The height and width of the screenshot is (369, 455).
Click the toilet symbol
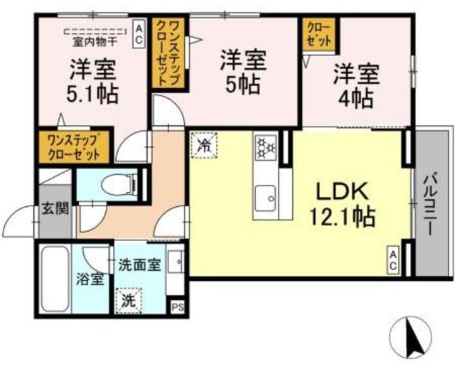(119, 185)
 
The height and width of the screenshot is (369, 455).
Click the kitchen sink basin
(265, 198)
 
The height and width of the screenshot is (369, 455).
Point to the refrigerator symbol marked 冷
(204, 145)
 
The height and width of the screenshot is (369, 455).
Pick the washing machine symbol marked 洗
(129, 301)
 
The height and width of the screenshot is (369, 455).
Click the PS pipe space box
(177, 307)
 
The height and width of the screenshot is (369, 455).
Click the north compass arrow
(414, 337)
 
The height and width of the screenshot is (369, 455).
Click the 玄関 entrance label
(55, 208)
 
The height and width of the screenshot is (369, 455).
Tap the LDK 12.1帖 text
(343, 204)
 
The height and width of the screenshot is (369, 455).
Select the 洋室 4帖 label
(356, 86)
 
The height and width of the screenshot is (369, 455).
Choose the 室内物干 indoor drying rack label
(95, 43)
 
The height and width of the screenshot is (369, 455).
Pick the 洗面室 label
(139, 265)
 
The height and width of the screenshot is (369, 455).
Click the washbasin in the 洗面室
(176, 262)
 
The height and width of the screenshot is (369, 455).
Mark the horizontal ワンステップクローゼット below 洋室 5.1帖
(74, 147)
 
